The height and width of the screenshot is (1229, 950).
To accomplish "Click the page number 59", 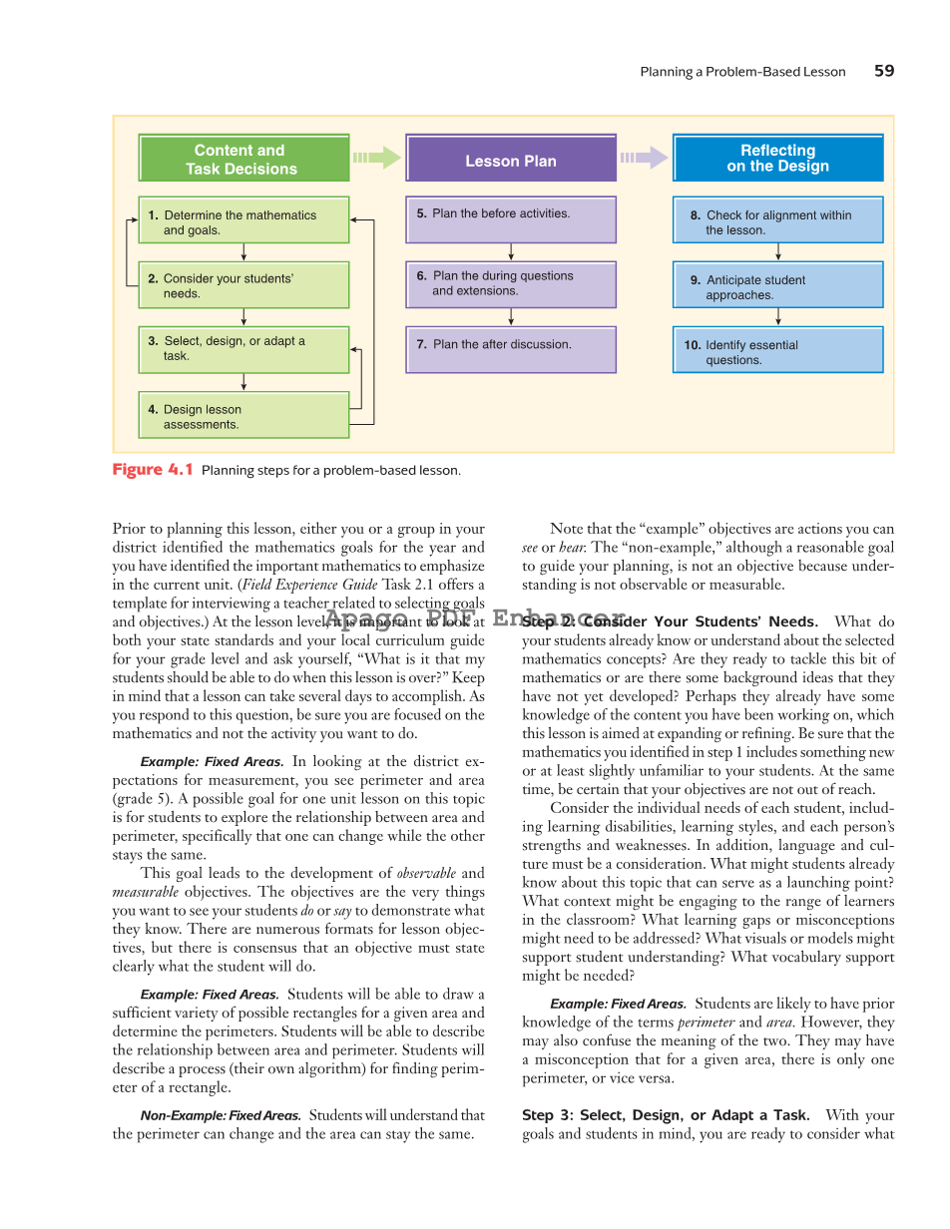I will click(x=884, y=71).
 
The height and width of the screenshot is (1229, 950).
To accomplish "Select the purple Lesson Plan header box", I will click(x=511, y=161).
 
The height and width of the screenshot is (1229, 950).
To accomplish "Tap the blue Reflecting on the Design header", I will click(x=777, y=159).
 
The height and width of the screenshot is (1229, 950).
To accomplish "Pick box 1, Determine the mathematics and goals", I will click(x=243, y=221).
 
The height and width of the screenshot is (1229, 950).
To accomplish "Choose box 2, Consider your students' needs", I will click(x=243, y=285).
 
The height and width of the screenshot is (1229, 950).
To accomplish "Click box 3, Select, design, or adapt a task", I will click(x=243, y=348).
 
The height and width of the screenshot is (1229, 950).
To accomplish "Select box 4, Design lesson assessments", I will click(x=243, y=416).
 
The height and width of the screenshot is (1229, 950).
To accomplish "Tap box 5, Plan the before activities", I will click(x=511, y=219).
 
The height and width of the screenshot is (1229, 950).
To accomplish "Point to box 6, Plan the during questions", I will click(x=511, y=283).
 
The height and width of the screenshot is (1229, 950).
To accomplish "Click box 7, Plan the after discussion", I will click(x=511, y=348).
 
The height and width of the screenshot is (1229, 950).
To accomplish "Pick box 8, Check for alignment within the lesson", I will click(x=777, y=221).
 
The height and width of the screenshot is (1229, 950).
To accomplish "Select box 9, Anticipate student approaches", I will click(x=777, y=286).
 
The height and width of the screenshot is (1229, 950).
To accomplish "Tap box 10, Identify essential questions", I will click(x=777, y=351).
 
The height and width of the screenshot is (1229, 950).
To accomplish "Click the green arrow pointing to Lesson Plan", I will click(x=377, y=158).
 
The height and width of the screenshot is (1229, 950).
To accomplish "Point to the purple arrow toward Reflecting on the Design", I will click(x=644, y=158).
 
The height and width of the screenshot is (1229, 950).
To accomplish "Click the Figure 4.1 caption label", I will click(x=153, y=470).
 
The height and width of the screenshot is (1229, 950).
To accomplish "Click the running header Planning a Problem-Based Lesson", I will click(x=742, y=72).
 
